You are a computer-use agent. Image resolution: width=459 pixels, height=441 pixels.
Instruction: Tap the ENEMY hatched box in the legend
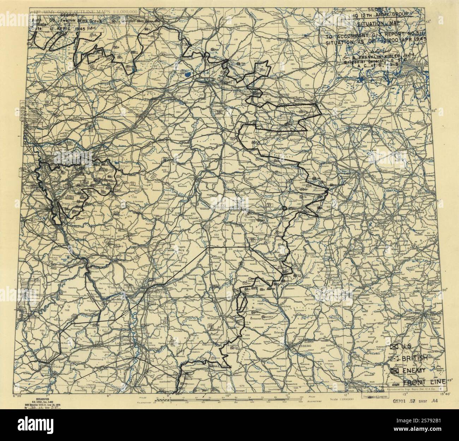pyautogui.click(x=395, y=370)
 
